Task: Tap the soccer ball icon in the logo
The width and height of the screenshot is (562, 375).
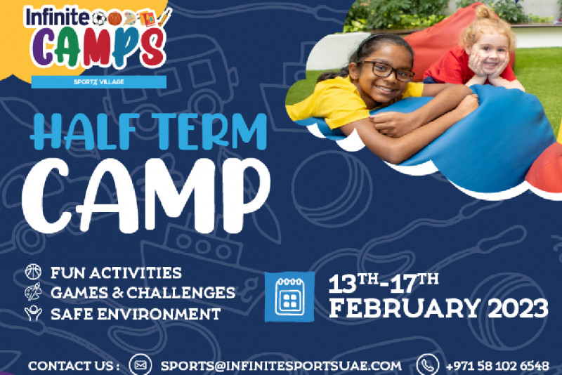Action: (99, 18)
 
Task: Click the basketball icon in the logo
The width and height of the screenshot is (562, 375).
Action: (115, 18)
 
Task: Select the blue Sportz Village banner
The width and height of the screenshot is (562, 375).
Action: (99, 81)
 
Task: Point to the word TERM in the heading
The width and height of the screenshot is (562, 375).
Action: (212, 131)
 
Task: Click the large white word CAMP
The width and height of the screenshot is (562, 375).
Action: (146, 195)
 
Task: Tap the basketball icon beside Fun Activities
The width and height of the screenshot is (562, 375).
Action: (33, 272)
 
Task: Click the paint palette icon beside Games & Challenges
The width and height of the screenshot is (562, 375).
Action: (33, 292)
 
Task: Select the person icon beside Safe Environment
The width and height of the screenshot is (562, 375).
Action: (33, 313)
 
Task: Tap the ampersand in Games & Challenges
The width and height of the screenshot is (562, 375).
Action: (117, 293)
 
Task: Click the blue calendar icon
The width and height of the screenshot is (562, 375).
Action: (289, 297)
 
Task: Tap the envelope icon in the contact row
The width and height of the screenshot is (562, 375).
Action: (140, 364)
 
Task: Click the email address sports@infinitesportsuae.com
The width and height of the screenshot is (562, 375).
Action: (282, 366)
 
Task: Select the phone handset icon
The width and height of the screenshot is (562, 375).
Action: (428, 364)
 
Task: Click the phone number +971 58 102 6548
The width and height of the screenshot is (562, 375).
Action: (497, 366)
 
